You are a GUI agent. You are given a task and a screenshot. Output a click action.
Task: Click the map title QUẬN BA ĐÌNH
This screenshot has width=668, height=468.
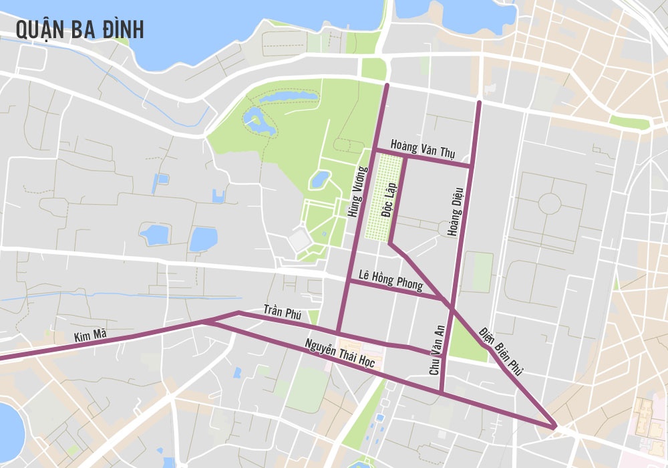79,30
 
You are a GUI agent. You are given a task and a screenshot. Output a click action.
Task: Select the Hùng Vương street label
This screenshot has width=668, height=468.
355,192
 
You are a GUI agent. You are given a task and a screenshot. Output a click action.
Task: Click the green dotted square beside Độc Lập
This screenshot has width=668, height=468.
384,197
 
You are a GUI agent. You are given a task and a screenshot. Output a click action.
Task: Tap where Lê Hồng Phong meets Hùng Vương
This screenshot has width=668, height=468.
349,281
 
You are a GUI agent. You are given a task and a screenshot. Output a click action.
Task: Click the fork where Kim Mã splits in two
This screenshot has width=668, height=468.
204,322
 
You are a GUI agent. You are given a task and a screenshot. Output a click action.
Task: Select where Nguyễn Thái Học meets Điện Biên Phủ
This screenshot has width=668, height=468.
554,425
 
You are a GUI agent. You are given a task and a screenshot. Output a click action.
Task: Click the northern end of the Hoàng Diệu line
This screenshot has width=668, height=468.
479,102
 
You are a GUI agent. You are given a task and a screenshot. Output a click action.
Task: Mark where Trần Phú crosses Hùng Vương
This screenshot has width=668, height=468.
339,333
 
